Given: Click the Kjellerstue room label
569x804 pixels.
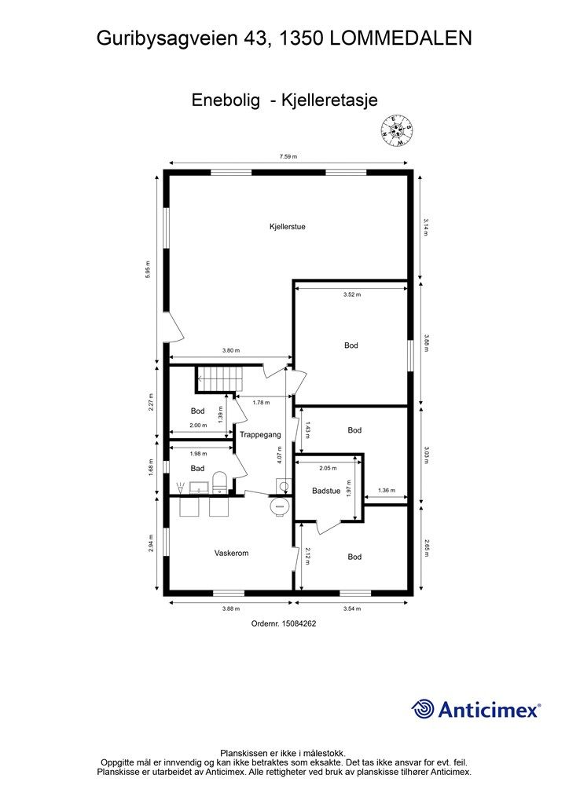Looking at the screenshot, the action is [x=288, y=227].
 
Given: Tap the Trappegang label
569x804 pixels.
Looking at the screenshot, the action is [x=260, y=435].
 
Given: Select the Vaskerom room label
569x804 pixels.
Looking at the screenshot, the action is [x=231, y=553].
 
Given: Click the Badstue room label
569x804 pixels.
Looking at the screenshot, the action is [x=326, y=491].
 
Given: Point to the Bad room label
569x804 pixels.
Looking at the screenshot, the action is [x=197, y=468].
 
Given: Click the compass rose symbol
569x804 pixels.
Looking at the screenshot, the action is [x=397, y=130].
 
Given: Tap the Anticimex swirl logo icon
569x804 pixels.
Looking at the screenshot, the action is [x=423, y=709].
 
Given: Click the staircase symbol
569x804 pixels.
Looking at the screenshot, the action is [x=219, y=379].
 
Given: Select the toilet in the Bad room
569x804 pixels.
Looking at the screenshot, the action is [x=219, y=482].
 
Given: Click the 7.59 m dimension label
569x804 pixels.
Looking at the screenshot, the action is [x=288, y=157].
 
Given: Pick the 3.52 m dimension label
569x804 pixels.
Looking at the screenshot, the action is [x=352, y=295].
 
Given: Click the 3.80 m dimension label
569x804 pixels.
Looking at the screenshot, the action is [x=231, y=351].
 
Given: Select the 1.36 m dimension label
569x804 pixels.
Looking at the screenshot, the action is [x=387, y=490].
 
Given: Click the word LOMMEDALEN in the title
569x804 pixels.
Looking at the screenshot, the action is [x=401, y=38].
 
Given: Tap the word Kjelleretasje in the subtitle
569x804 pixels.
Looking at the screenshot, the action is [x=330, y=100].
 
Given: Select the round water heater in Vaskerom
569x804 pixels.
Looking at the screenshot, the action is [x=280, y=507].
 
